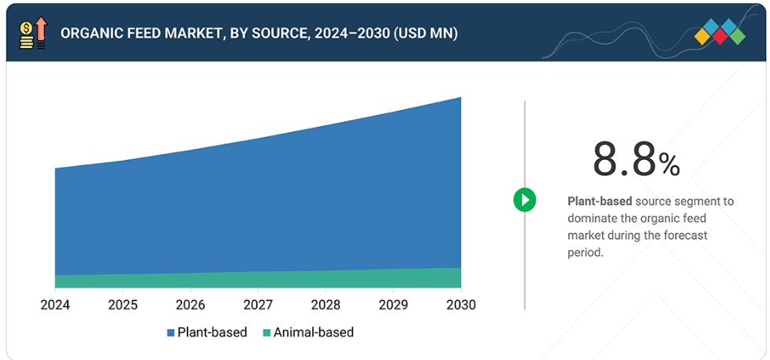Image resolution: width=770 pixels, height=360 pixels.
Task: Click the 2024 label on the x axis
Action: (55, 305)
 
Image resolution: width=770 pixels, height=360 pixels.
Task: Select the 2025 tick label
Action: (123, 305)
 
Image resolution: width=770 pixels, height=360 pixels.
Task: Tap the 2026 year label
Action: (191, 305)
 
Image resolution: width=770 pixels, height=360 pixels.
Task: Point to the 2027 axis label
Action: (259, 305)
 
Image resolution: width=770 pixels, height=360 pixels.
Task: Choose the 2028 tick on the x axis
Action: (326, 305)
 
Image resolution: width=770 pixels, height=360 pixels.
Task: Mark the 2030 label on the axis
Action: (461, 305)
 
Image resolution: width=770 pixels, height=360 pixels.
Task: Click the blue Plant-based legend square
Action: (170, 332)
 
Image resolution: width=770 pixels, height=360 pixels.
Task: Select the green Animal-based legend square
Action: (266, 332)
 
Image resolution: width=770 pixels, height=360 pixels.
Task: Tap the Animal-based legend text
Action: (314, 332)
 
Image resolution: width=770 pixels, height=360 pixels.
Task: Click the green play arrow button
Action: (525, 199)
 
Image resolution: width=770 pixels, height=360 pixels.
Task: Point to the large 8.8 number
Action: (624, 160)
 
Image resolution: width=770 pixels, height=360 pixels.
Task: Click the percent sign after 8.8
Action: (669, 165)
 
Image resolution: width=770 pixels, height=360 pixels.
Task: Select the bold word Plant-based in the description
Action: (594, 202)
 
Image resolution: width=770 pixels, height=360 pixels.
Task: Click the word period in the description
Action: (584, 253)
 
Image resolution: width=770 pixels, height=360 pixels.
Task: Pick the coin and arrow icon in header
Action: (32, 34)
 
